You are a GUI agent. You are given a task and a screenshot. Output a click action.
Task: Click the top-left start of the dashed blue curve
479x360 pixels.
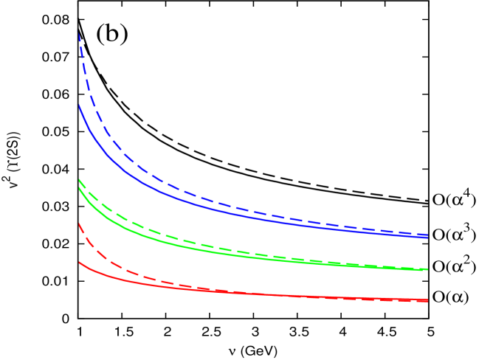79,34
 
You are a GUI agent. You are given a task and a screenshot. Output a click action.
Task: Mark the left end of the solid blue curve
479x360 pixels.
79,105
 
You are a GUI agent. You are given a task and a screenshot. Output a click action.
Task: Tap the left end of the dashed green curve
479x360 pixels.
79,179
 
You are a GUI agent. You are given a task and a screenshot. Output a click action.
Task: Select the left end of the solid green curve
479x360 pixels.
79,187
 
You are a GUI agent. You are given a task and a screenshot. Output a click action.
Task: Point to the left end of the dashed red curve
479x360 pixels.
79,223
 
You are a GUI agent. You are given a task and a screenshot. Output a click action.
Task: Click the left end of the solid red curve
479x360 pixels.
79,262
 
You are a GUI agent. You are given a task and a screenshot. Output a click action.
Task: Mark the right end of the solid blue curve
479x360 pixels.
427,237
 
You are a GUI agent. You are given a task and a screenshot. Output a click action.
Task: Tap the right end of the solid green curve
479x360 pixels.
427,269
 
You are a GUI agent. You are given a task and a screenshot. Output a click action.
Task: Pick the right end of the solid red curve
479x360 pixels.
427,300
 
